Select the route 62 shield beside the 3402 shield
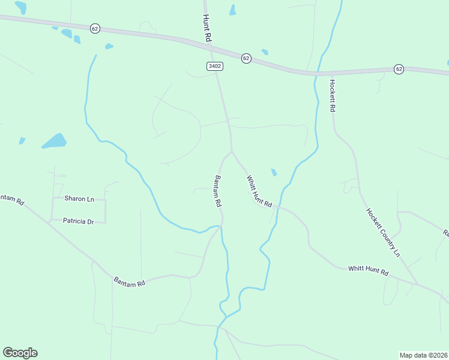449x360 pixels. (x=246, y=58)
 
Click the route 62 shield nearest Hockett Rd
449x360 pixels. (x=399, y=69)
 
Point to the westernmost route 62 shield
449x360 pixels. (x=95, y=28)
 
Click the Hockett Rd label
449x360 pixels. (x=332, y=95)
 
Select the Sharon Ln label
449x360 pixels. (x=79, y=199)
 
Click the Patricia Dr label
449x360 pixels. (x=79, y=221)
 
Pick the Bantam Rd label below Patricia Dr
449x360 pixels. (x=130, y=280)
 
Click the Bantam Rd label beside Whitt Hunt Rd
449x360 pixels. (x=218, y=191)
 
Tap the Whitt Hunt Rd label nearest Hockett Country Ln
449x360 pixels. (x=368, y=271)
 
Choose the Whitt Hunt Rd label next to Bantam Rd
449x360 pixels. (x=259, y=191)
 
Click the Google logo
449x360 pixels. (x=20, y=353)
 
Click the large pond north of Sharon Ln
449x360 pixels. (x=54, y=141)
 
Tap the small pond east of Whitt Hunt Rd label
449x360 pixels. (x=274, y=173)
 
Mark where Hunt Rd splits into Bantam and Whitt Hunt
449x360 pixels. (x=232, y=151)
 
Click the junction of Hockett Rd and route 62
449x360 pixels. (x=330, y=73)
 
